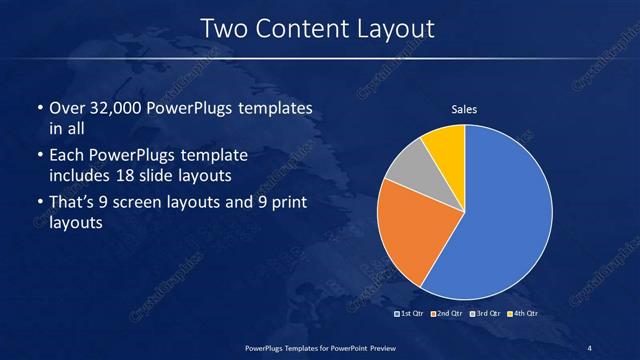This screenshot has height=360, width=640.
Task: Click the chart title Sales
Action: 464,109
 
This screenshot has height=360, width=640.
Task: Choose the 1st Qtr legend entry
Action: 414,314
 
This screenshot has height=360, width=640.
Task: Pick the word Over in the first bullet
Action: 66,108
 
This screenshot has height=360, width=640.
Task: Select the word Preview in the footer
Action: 376,347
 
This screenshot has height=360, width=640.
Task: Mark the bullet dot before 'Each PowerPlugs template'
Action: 39,157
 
